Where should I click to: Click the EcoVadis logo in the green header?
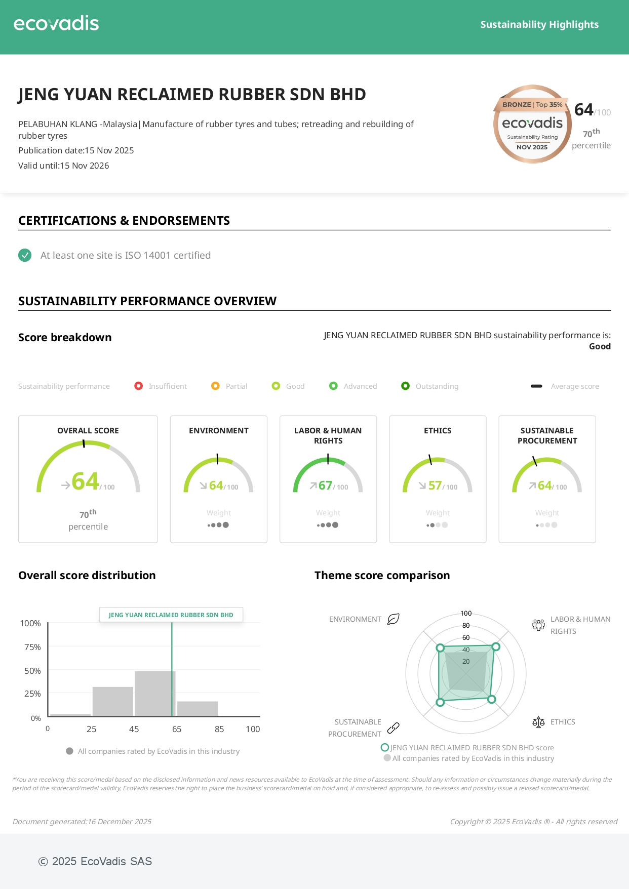(56, 23)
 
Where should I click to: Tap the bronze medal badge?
(532, 124)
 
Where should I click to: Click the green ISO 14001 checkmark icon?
(25, 255)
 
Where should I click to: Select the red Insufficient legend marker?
(138, 386)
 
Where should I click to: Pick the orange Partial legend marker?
(215, 386)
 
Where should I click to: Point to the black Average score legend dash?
(536, 386)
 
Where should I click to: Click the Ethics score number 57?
(435, 486)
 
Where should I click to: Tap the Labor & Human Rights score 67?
(325, 486)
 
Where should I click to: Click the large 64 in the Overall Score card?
(85, 481)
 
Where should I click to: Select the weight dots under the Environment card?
(218, 525)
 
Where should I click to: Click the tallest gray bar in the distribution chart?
(155, 693)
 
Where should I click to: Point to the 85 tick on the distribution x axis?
(219, 729)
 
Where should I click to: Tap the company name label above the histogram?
(171, 615)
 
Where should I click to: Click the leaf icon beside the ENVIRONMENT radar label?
(394, 619)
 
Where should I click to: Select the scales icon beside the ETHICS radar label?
(538, 722)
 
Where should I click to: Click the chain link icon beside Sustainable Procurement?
(394, 728)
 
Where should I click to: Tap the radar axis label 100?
(466, 613)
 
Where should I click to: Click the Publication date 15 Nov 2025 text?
(76, 150)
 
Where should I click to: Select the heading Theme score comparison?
(382, 575)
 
